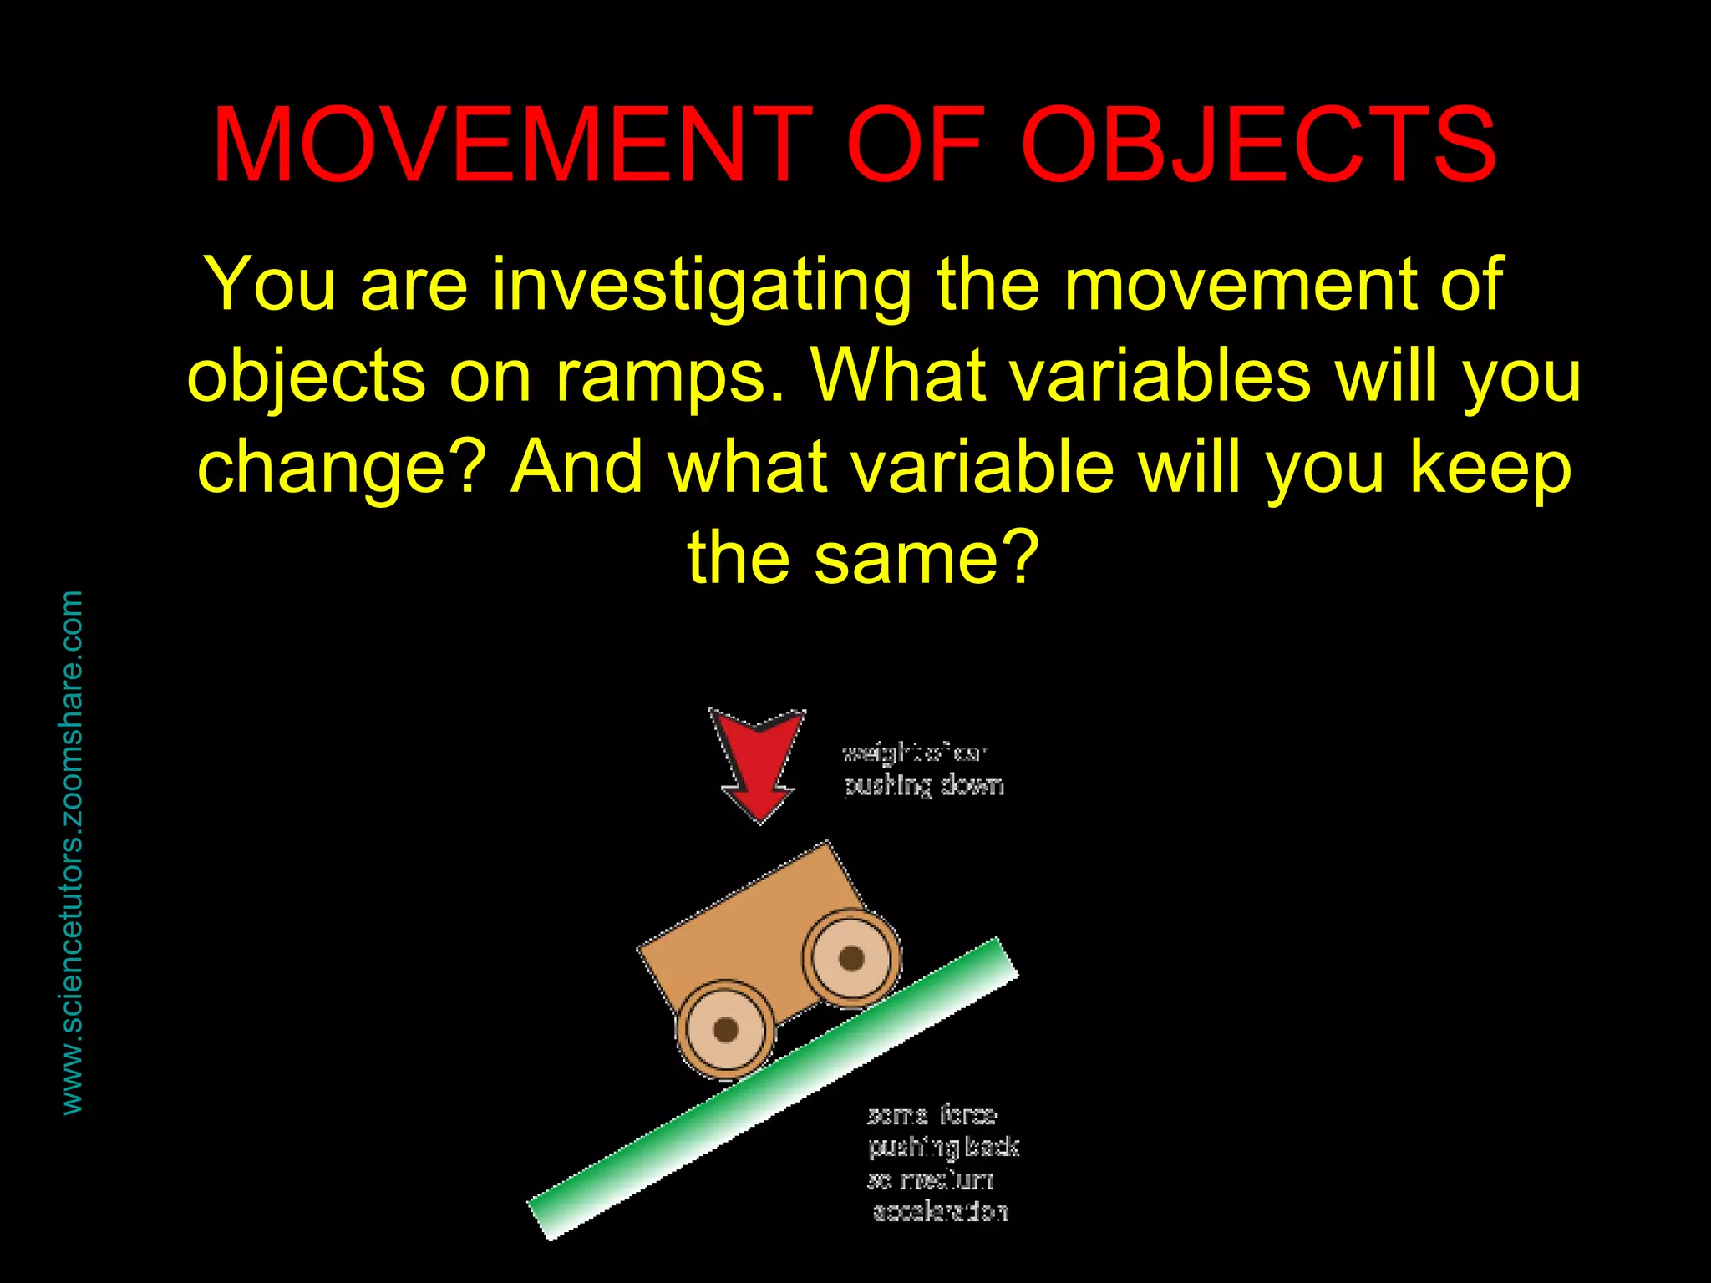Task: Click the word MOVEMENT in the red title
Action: pyautogui.click(x=511, y=146)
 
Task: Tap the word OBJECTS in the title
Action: pyautogui.click(x=1258, y=146)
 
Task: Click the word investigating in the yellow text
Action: pyautogui.click(x=702, y=286)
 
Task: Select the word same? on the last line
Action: pyautogui.click(x=927, y=558)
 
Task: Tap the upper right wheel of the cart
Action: pyautogui.click(x=850, y=957)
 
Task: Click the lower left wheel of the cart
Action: pyautogui.click(x=725, y=1029)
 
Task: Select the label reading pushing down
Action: pyautogui.click(x=923, y=786)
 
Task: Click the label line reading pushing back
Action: pyautogui.click(x=943, y=1148)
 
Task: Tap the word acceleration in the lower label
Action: pyautogui.click(x=940, y=1212)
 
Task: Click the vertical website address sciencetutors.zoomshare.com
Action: pyautogui.click(x=73, y=852)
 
